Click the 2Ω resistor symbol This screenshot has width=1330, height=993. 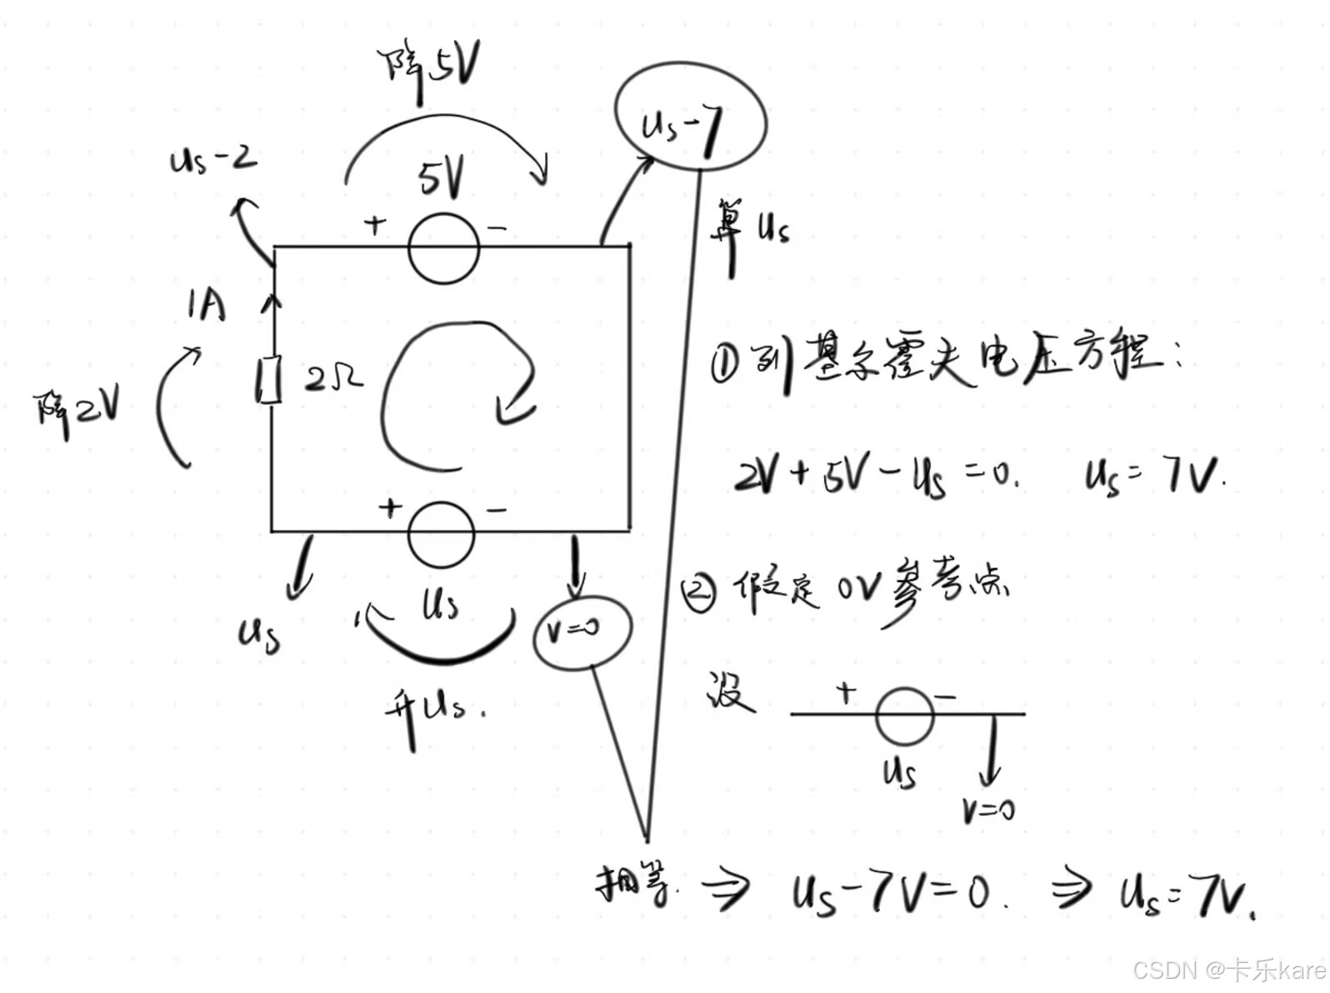[x=268, y=380]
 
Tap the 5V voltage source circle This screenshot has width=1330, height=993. [x=443, y=247]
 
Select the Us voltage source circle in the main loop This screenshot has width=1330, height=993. [x=442, y=534]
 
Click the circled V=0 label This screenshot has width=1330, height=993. [x=582, y=631]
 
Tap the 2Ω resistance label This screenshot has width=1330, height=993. [x=333, y=379]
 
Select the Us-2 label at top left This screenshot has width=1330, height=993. [x=212, y=159]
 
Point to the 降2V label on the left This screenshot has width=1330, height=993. [x=77, y=407]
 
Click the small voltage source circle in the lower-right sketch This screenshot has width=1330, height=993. [x=904, y=715]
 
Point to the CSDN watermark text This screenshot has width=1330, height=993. [x=1228, y=969]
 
